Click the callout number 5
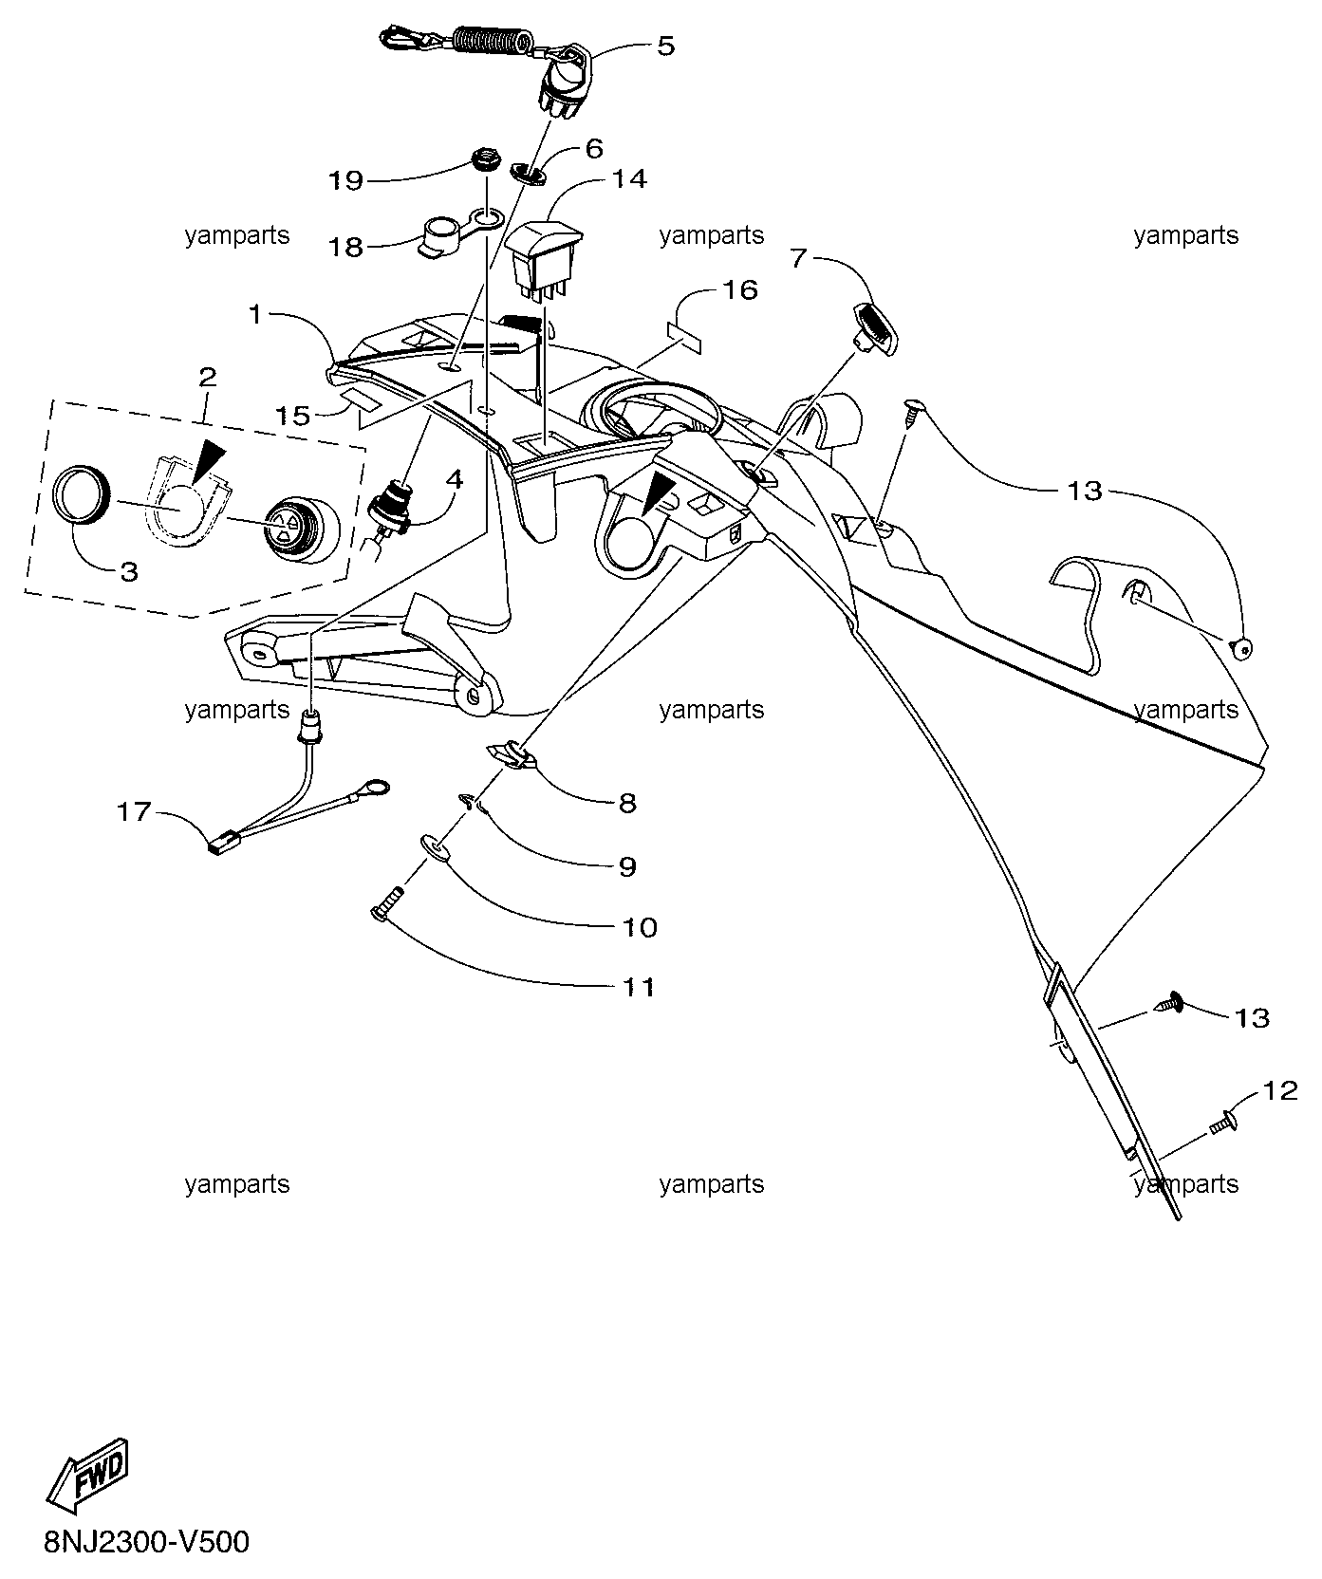pyautogui.click(x=666, y=46)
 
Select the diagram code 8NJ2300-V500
pyautogui.click(x=146, y=1542)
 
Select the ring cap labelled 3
pyautogui.click(x=83, y=495)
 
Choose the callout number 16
pyautogui.click(x=740, y=290)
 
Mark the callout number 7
pyautogui.click(x=798, y=260)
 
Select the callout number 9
pyautogui.click(x=627, y=866)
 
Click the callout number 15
pyautogui.click(x=293, y=415)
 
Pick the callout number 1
pyautogui.click(x=255, y=314)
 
